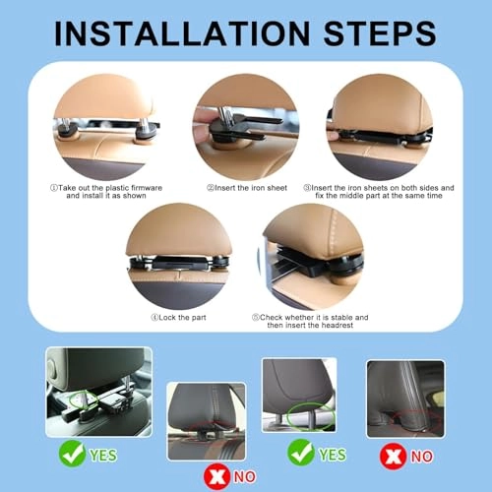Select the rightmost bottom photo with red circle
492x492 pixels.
point(405,398)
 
